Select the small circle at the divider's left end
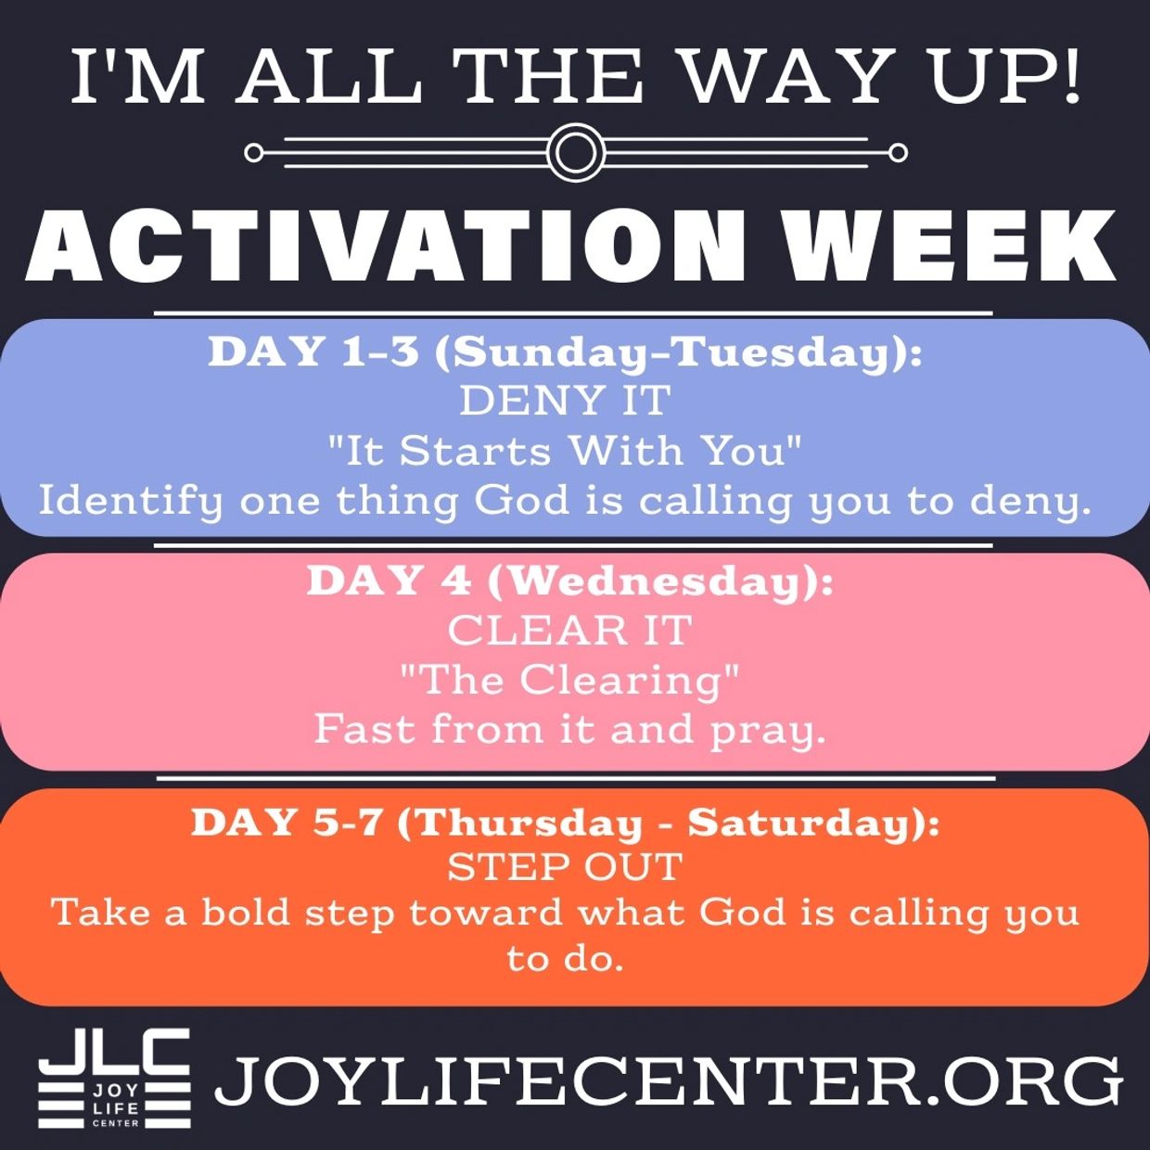pos(253,153)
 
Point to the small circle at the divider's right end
pos(898,153)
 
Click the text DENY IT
pos(565,401)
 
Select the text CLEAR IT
pos(570,630)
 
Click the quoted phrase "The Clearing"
pos(570,680)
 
